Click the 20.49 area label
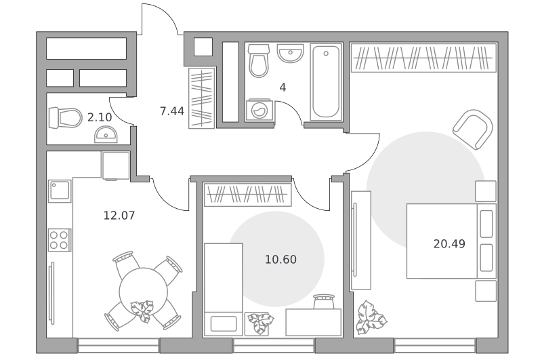point(449,244)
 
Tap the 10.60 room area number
point(280,260)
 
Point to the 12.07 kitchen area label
point(119,216)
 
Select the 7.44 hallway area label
point(172,111)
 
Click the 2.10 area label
point(100,117)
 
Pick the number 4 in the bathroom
point(283,87)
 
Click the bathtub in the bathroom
point(326,82)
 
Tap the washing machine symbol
point(259,111)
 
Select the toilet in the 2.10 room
point(65,118)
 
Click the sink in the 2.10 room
point(106,135)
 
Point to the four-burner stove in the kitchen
point(59,240)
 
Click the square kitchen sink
point(60,191)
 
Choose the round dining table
point(144,292)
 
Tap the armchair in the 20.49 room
point(473,129)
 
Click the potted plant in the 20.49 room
point(371,318)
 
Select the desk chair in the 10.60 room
point(324,302)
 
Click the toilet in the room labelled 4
point(259,60)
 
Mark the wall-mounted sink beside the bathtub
point(291,54)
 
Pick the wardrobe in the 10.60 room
point(248,195)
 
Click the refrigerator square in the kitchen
point(116,165)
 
